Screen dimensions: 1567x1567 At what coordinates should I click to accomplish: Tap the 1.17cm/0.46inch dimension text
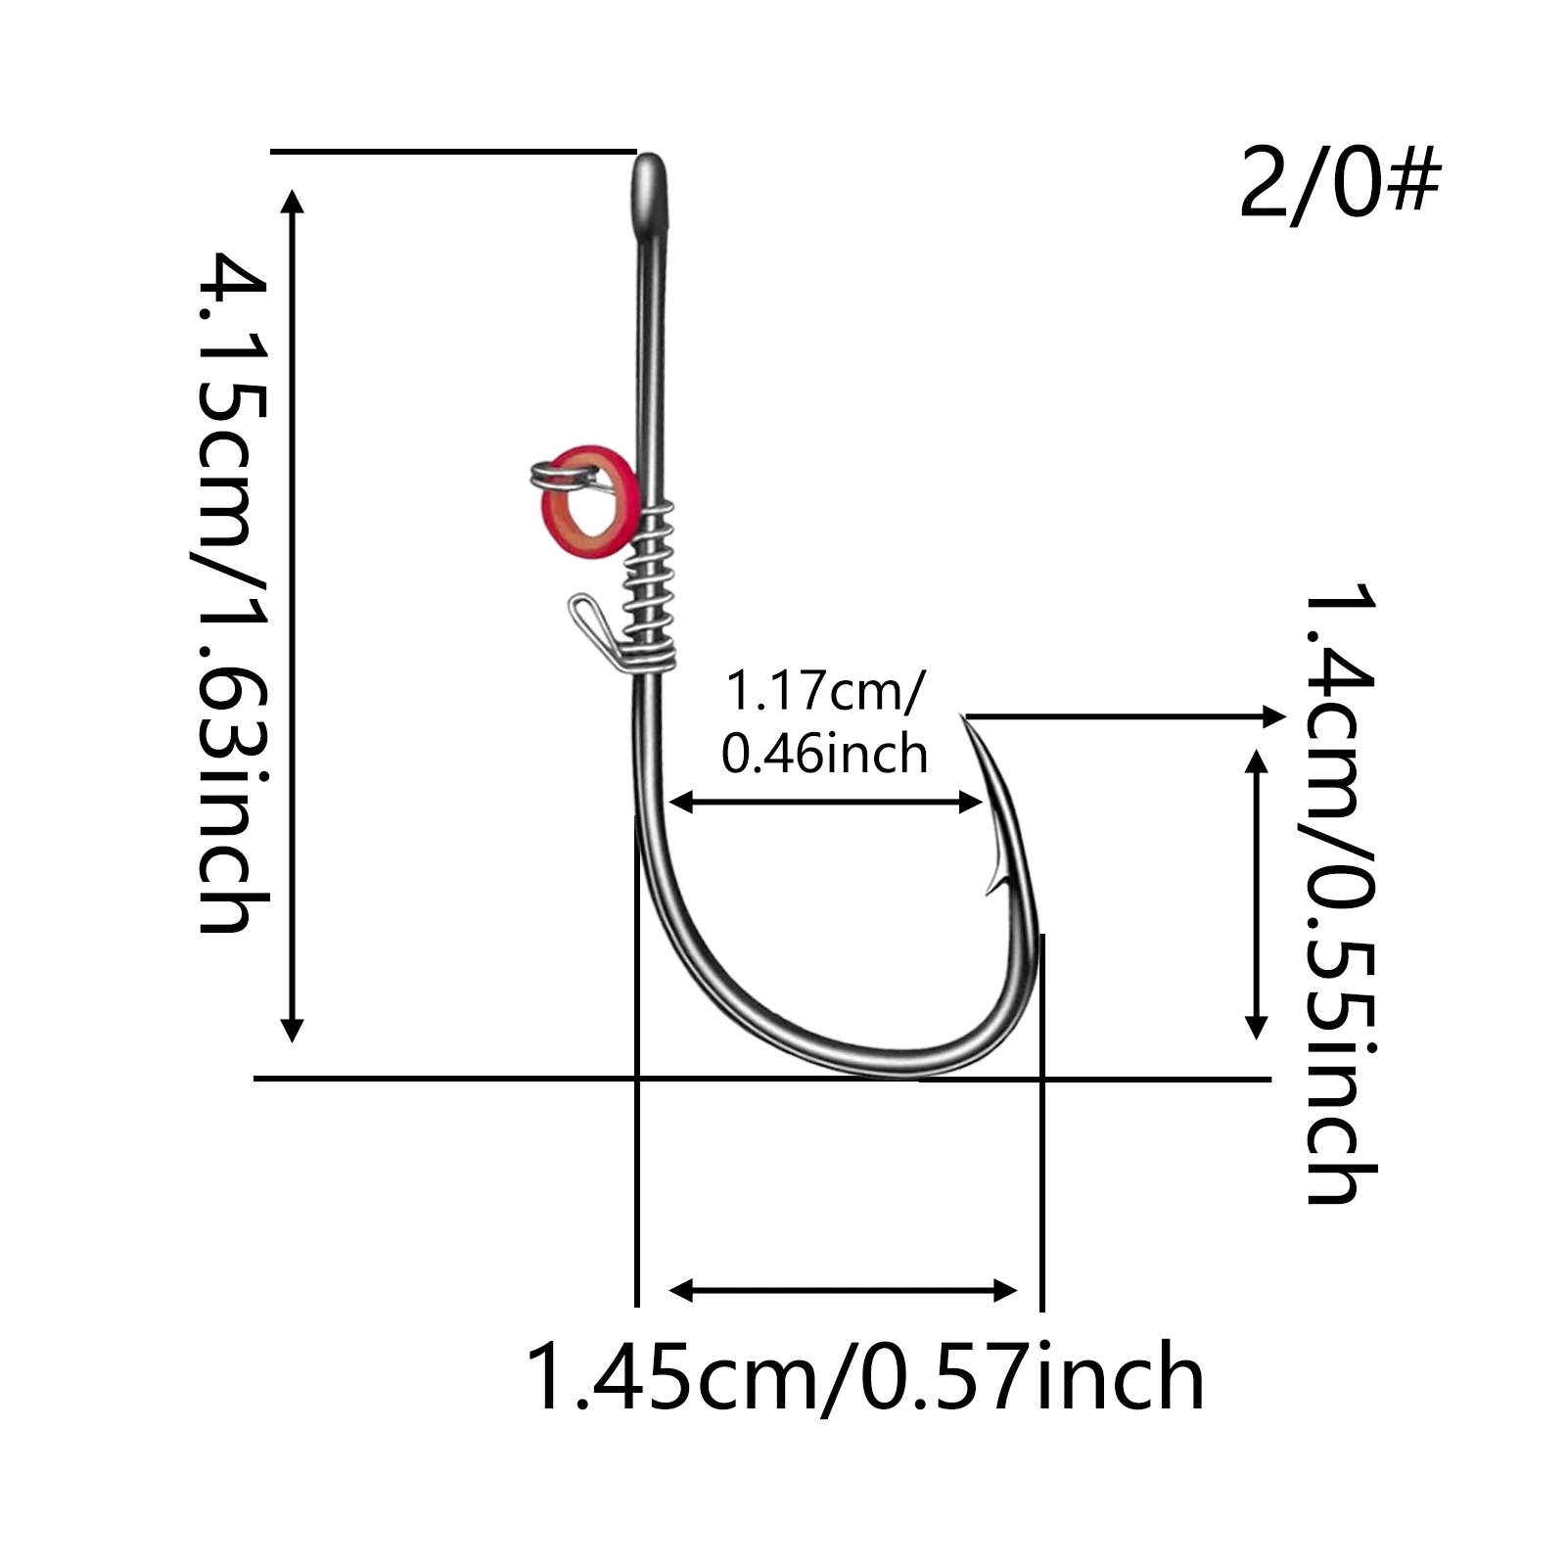coord(825,723)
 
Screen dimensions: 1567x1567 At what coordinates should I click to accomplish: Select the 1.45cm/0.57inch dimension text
coord(866,1377)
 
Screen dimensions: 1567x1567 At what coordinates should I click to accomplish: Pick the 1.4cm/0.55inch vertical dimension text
coord(1340,892)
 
